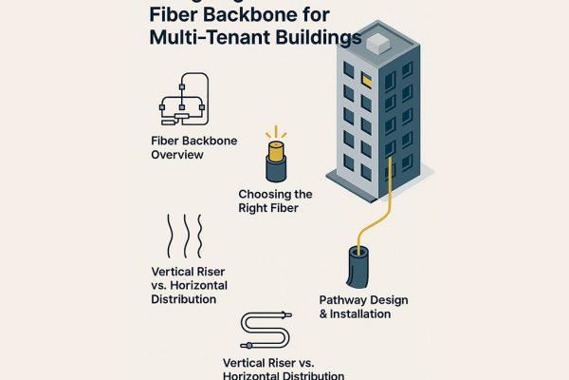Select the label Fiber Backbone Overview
pos(193,147)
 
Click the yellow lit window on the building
pos(365,80)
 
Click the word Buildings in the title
pos(317,40)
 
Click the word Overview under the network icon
pos(177,155)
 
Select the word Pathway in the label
pos(341,300)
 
